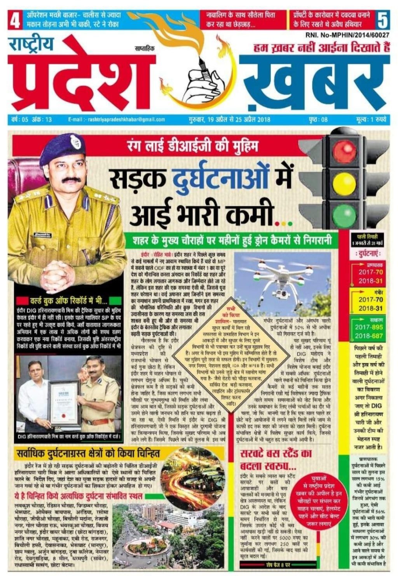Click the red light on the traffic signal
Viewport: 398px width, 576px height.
344,149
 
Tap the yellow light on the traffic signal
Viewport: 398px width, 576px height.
344,182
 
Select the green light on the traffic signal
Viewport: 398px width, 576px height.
344,215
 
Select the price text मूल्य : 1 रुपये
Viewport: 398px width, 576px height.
371,120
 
